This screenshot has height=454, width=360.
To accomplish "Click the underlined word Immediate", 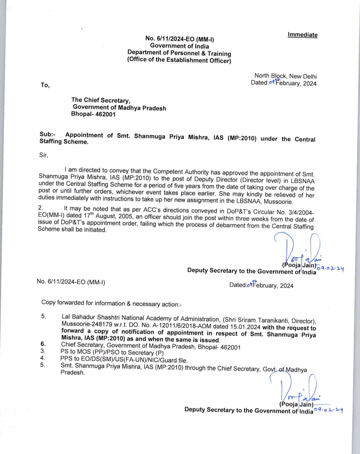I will [302, 35].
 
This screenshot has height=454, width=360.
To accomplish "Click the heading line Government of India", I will [179, 46].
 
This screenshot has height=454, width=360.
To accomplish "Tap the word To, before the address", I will [45, 85].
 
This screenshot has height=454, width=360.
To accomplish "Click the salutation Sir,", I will [44, 155].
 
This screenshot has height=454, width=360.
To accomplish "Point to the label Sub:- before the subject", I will [47, 134].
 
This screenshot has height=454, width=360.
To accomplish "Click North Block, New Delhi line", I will [285, 76].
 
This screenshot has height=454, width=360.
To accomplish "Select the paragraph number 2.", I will [40, 208].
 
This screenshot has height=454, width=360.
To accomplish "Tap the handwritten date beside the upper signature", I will [330, 268].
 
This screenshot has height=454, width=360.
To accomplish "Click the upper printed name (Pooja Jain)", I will [299, 265].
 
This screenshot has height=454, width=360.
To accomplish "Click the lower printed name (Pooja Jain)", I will [296, 404].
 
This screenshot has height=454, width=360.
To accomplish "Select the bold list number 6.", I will [43, 344].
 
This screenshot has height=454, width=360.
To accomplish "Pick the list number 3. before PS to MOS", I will [43, 351].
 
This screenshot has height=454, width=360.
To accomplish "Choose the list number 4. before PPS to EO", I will [43, 358].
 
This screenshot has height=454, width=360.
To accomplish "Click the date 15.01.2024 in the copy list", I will [245, 327].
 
